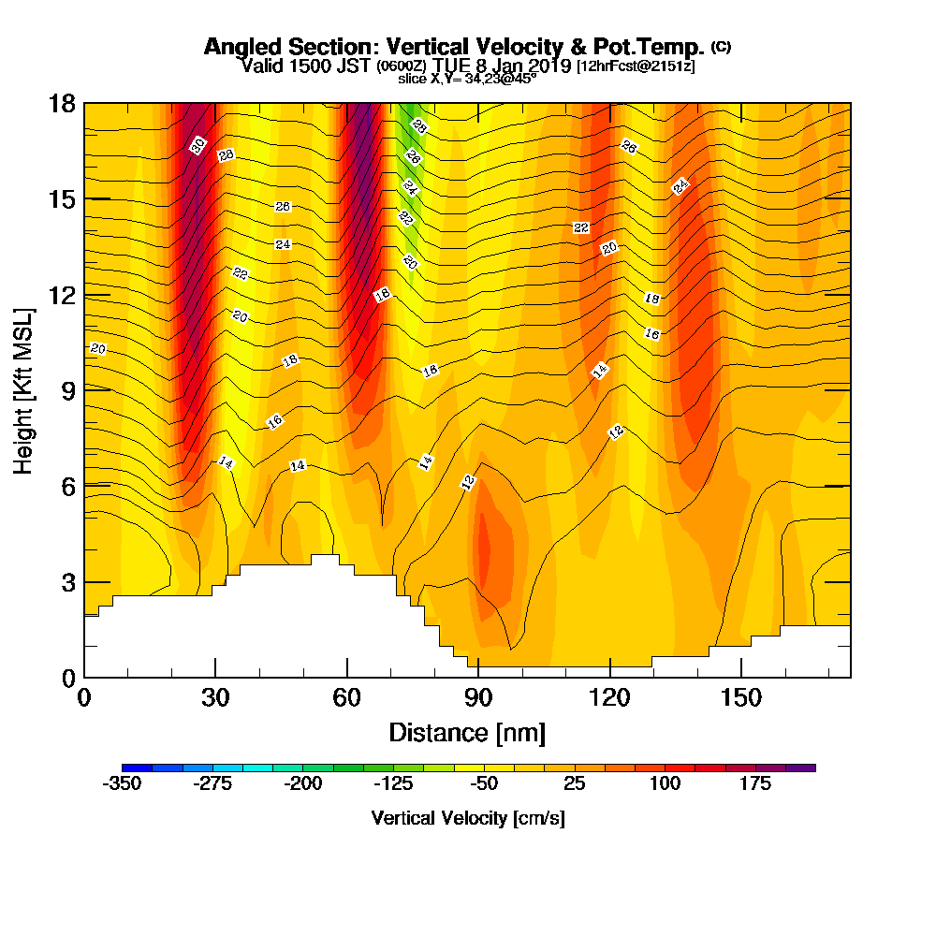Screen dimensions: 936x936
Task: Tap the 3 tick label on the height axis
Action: [x=67, y=581]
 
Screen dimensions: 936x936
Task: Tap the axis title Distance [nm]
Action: [x=467, y=731]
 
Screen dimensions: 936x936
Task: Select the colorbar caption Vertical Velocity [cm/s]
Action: [x=468, y=818]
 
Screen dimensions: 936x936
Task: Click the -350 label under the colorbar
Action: [x=122, y=784]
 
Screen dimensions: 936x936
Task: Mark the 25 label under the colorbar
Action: [x=577, y=784]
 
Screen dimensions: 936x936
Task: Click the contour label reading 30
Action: [x=197, y=145]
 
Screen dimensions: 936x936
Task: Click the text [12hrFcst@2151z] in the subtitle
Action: [x=636, y=66]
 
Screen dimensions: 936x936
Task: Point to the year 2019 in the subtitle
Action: [x=551, y=66]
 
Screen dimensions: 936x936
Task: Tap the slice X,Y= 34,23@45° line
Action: [x=467, y=79]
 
